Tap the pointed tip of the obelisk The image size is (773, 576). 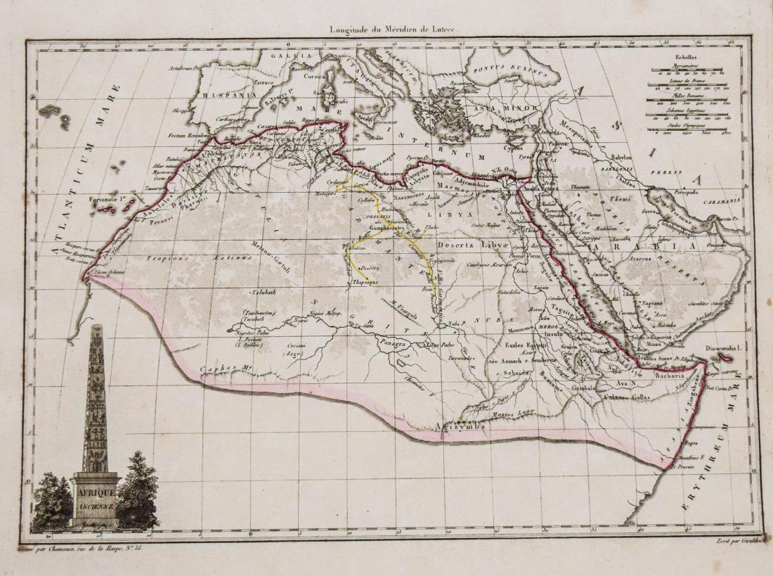[96, 328]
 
